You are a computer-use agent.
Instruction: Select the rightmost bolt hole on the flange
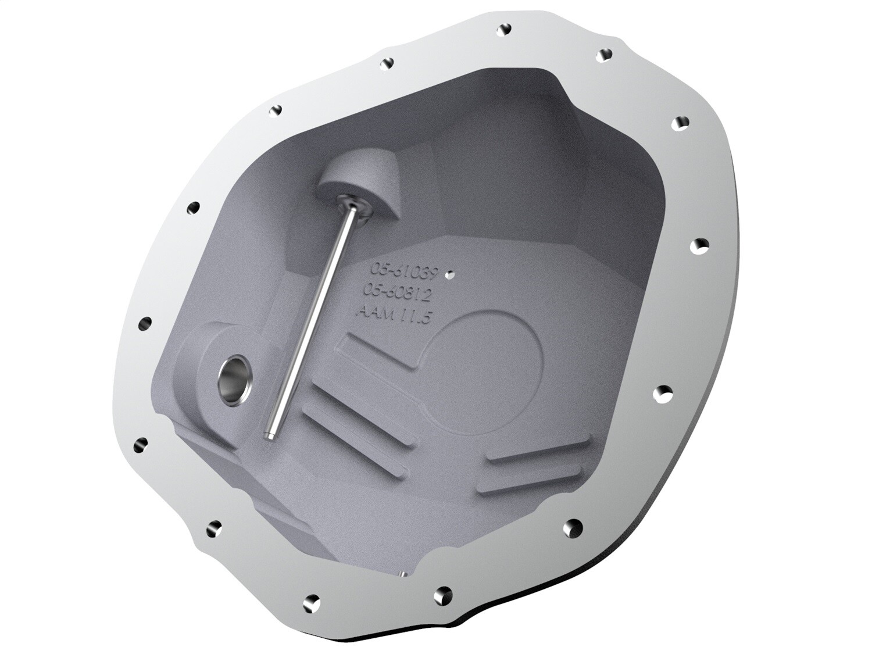coord(702,244)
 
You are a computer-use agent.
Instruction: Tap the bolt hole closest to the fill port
coord(146,321)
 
